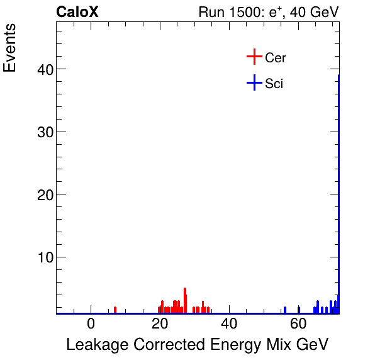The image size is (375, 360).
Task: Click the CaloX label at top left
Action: (77, 12)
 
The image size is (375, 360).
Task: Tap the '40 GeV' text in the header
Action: (314, 12)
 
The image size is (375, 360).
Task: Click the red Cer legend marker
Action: (254, 57)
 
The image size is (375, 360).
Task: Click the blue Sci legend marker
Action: (254, 82)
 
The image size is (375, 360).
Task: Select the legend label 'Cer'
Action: (276, 58)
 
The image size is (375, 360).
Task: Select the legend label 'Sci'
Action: (274, 83)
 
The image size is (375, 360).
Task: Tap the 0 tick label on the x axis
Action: (91, 324)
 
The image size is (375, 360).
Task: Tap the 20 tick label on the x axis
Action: (160, 324)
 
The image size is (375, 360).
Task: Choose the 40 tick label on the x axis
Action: (230, 324)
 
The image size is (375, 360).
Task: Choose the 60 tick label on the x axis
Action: (299, 324)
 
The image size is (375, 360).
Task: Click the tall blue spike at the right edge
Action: (339, 189)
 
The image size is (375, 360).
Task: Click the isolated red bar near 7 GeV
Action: (115, 310)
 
